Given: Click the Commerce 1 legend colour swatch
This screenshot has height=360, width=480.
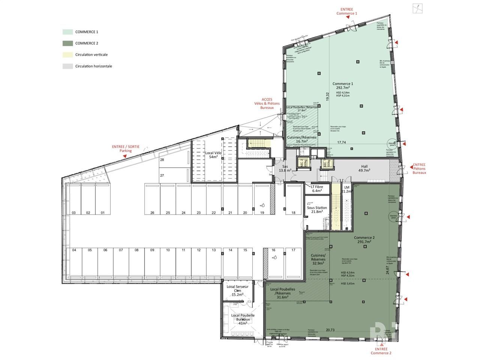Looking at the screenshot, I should click(67, 32).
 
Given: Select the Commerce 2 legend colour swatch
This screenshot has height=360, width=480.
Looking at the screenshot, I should click(67, 43).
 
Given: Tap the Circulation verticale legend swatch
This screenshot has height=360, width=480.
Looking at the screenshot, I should click(67, 55).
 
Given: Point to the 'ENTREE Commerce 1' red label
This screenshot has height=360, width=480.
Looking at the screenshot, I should click(346, 11).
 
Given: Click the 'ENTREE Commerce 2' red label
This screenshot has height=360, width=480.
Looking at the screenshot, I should click(381, 351).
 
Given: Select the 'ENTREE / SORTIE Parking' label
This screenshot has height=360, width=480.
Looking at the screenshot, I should click(126, 148).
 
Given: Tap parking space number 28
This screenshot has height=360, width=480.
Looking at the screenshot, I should click(162, 160).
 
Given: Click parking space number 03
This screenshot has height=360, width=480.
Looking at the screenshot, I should click(74, 213).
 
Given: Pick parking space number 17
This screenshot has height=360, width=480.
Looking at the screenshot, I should click(293, 250).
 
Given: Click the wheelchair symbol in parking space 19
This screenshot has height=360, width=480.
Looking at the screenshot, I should click(262, 205).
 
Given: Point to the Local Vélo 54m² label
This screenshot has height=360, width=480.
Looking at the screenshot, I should click(213, 155).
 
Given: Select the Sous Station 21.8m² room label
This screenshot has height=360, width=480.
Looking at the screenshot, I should click(317, 210).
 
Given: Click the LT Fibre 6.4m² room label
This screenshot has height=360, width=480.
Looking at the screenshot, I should click(316, 188).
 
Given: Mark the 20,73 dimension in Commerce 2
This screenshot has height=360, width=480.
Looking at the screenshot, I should click(330, 330).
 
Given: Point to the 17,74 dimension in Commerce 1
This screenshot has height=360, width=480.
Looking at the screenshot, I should click(341, 142).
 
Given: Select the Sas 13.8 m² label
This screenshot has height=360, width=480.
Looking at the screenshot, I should click(285, 168).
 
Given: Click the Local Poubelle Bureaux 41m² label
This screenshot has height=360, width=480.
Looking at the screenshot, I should click(243, 319).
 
